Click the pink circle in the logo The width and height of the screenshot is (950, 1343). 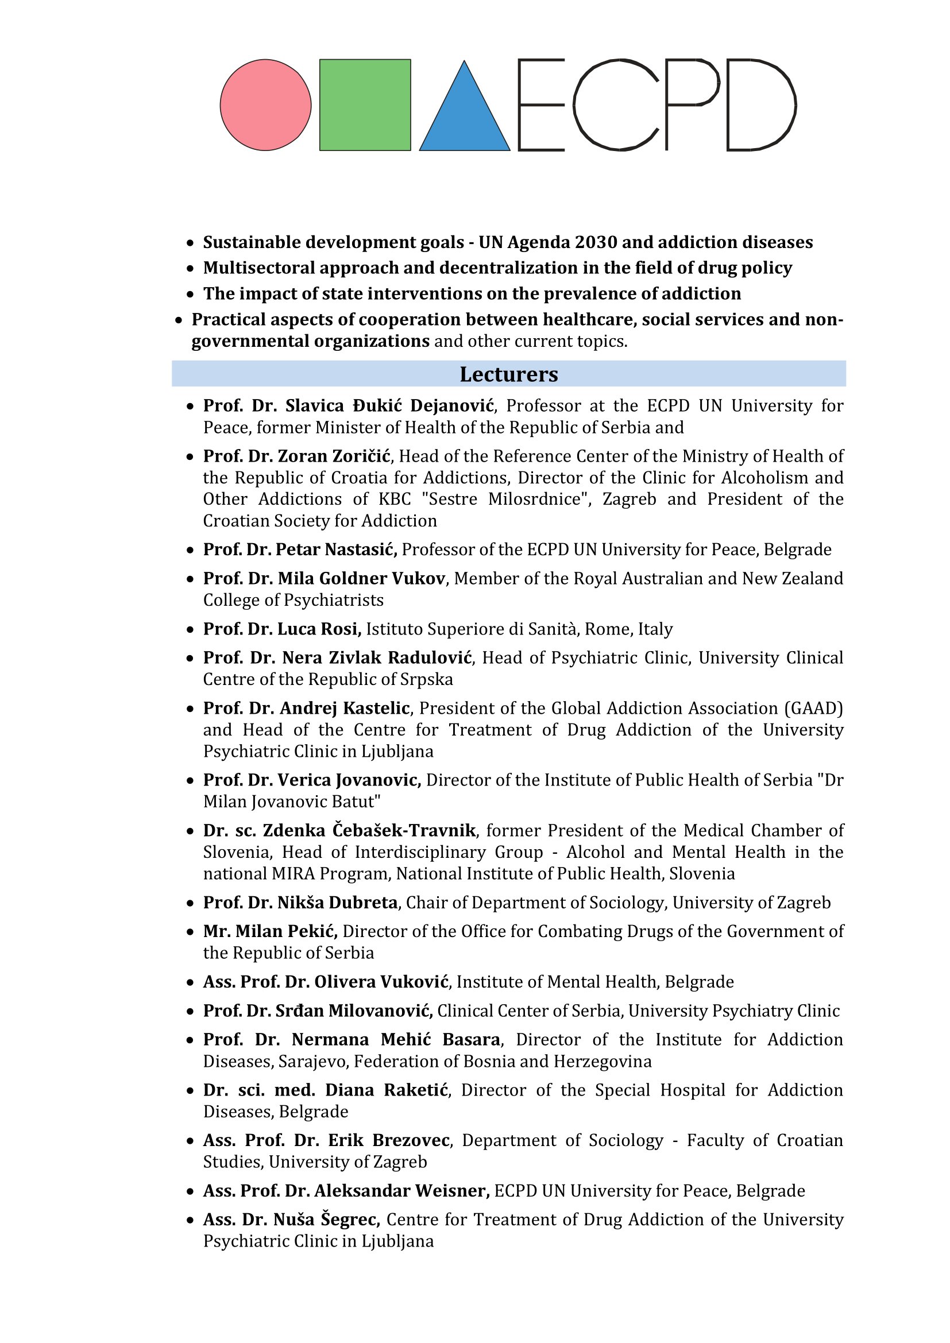265,105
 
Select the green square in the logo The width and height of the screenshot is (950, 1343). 365,105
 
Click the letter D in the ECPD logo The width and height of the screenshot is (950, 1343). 760,105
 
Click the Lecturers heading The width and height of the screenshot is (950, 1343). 508,374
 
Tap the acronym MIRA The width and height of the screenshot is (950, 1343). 294,874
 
